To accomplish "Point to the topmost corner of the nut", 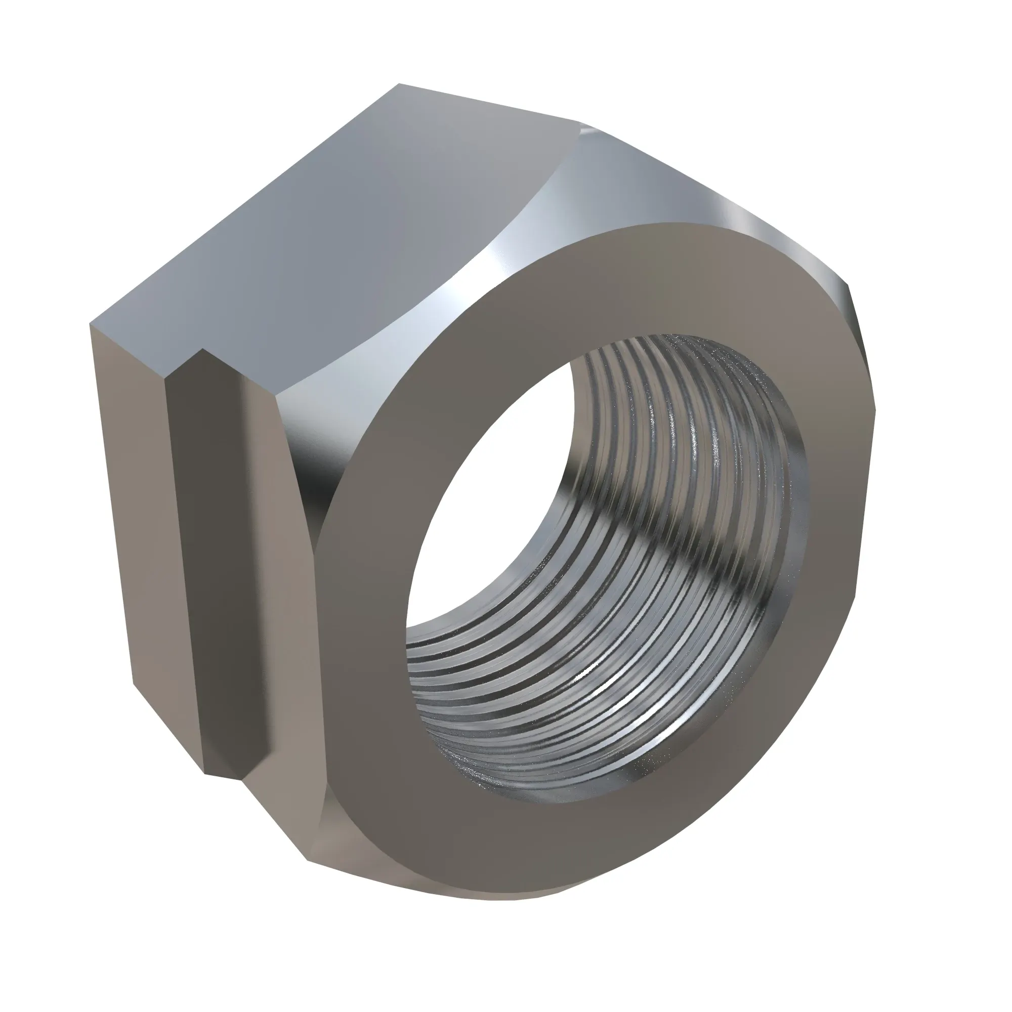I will coord(399,84).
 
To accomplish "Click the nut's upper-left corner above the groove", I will coord(91,325).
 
